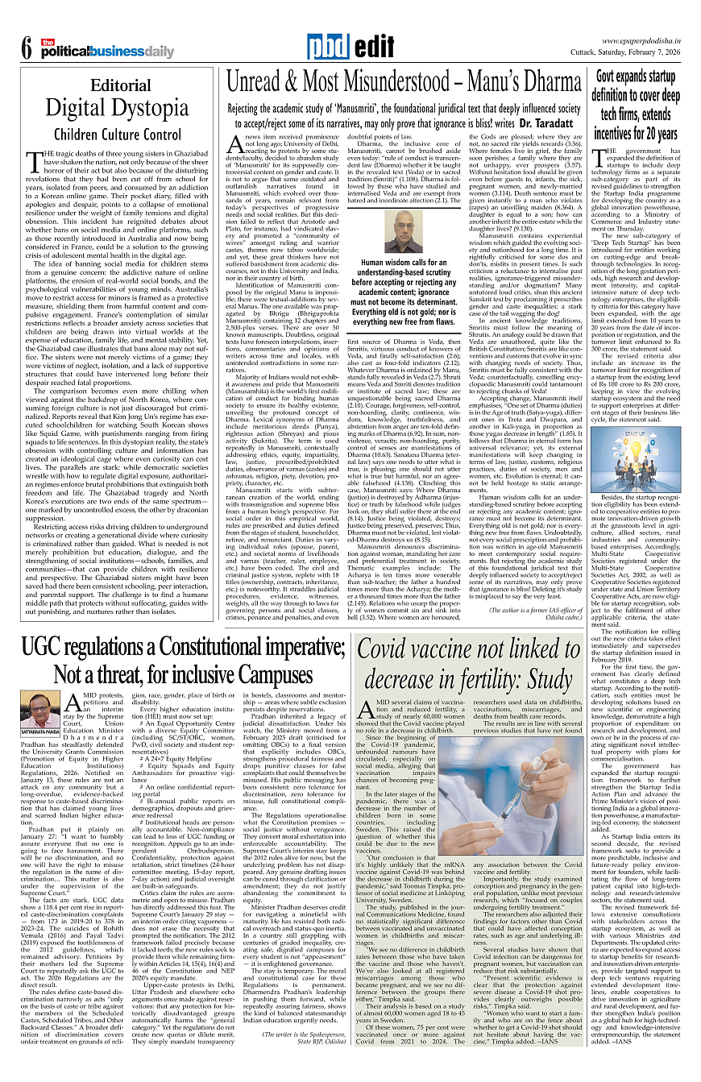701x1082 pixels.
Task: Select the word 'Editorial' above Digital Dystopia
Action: (x=120, y=85)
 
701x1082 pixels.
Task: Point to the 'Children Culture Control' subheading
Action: (x=118, y=135)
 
